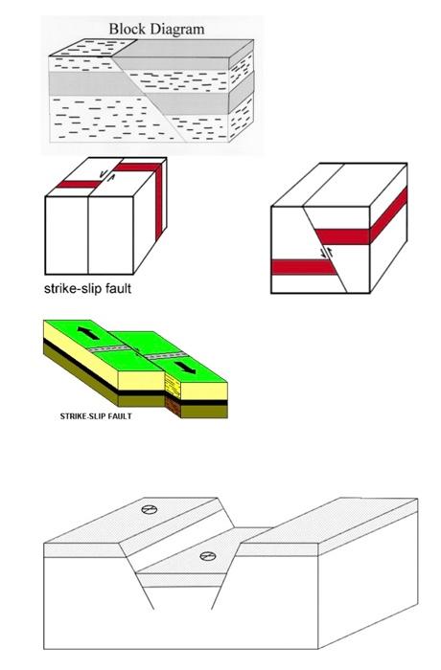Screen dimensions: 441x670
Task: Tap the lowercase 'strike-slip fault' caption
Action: (88, 288)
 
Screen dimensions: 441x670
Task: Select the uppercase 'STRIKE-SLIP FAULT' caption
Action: (96, 416)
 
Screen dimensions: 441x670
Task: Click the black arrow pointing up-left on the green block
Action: (88, 333)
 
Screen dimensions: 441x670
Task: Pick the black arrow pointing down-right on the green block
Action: (185, 367)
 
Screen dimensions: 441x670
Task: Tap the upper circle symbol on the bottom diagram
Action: (149, 509)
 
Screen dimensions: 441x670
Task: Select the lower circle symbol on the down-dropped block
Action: (208, 556)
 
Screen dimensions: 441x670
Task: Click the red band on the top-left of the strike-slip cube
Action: (80, 184)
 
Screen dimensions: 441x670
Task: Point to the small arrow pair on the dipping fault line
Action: (327, 252)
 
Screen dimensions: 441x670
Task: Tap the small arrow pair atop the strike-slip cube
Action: (106, 175)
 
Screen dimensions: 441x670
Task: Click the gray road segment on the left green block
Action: (109, 348)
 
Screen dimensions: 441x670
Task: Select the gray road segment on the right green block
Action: (165, 355)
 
